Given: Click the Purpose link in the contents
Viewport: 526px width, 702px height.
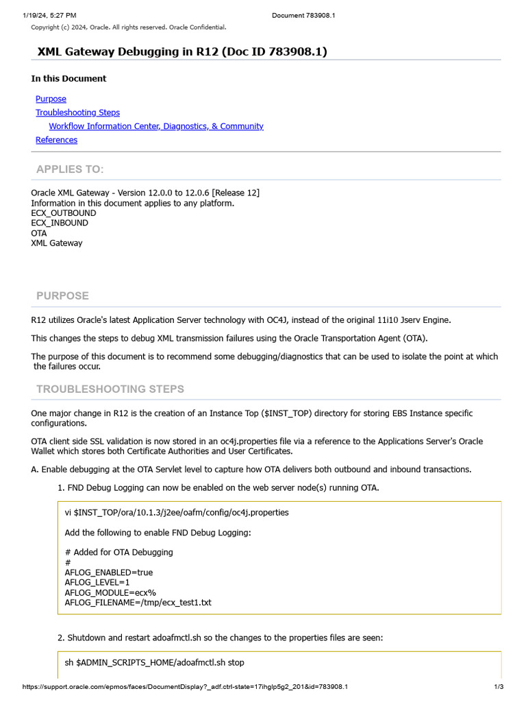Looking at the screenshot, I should [x=51, y=99].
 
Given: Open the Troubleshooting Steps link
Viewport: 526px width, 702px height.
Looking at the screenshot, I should [x=77, y=112].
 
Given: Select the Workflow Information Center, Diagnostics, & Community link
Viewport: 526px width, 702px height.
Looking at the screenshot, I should [x=156, y=126].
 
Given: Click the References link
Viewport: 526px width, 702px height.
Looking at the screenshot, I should [x=56, y=140].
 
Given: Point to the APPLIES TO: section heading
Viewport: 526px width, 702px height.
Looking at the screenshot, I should [x=70, y=169].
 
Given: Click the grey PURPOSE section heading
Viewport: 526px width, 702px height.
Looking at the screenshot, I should [x=62, y=295].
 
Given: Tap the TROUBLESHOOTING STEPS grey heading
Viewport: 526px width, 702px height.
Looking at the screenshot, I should [x=110, y=389].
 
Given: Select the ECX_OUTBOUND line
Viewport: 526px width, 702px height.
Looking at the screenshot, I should [x=64, y=213].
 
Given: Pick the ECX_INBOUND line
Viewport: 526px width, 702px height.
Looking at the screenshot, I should [x=60, y=223].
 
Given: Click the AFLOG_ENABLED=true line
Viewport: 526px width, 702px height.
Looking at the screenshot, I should [x=108, y=572].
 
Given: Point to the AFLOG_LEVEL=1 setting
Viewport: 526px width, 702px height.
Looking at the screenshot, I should [x=97, y=582].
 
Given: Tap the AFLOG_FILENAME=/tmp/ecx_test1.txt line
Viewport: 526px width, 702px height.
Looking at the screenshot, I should [x=138, y=603].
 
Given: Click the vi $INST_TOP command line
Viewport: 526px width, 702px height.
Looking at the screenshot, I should [x=176, y=512].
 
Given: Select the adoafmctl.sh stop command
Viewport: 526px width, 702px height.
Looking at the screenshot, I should [x=154, y=663].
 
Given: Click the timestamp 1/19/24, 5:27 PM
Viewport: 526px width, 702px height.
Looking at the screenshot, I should [x=49, y=14].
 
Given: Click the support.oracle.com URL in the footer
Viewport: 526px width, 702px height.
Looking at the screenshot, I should [x=185, y=687].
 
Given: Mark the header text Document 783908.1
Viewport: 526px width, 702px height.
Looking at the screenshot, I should [x=303, y=14].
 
